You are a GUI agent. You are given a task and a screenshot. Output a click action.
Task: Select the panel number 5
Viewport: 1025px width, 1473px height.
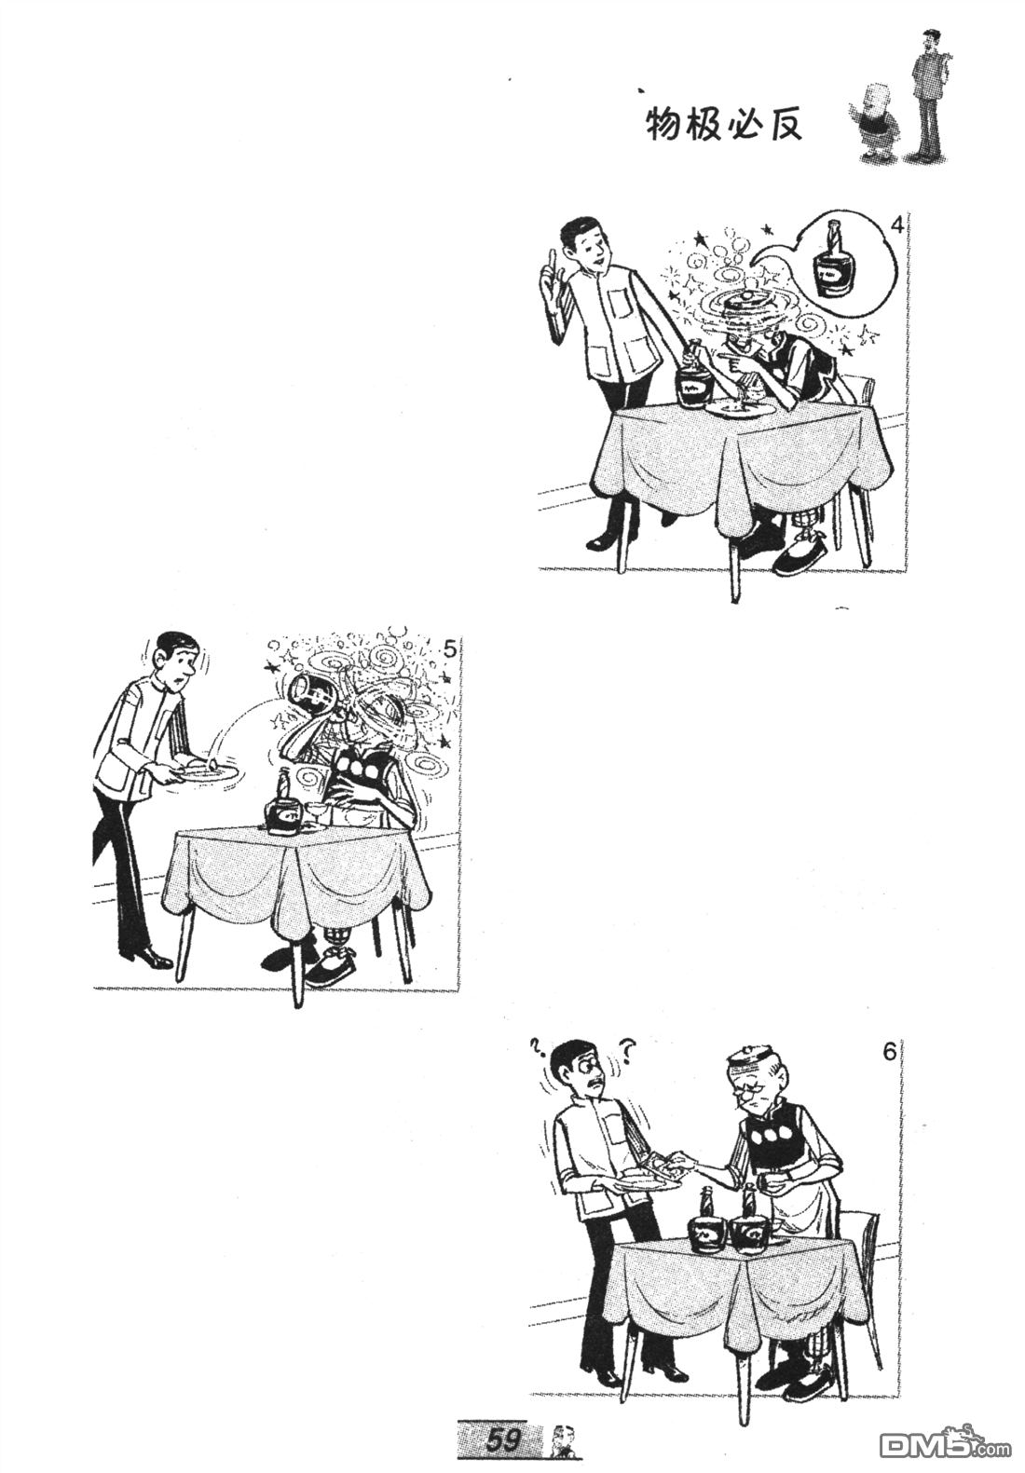coord(450,650)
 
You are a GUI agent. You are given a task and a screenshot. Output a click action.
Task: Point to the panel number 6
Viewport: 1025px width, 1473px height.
coord(889,1053)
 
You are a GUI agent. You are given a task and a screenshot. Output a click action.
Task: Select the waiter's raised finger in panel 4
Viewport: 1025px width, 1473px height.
coord(552,260)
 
